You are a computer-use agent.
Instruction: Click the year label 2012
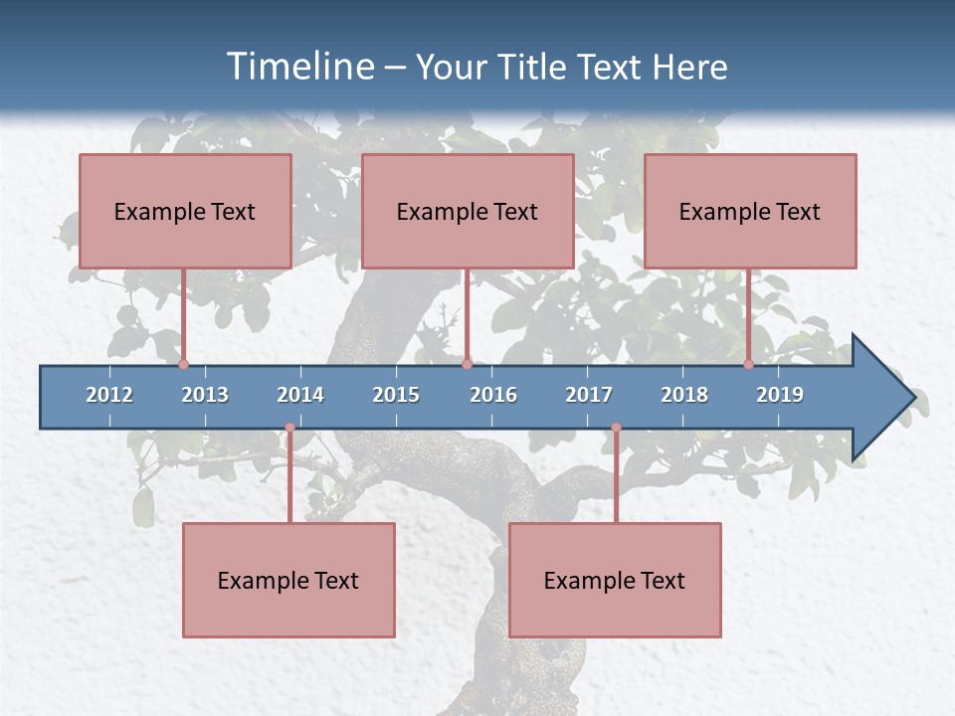tap(109, 395)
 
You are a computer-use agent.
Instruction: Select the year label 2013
tap(205, 395)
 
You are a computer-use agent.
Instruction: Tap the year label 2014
tap(300, 395)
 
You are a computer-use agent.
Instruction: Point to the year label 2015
tap(396, 395)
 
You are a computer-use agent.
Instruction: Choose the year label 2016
tap(493, 395)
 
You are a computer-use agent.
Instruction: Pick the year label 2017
tap(589, 395)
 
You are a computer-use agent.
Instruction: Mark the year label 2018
tap(684, 395)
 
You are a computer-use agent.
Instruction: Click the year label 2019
tap(780, 395)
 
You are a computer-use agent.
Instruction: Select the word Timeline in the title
tap(298, 67)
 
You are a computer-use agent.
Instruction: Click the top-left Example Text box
tap(185, 211)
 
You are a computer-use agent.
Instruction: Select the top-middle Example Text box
tap(468, 211)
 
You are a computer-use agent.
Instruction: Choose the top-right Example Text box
tap(750, 211)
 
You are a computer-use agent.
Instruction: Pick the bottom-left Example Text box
tap(288, 580)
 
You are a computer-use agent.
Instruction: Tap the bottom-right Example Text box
tap(615, 580)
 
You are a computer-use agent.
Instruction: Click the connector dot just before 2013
tap(183, 364)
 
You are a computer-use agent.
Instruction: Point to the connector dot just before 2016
tap(467, 364)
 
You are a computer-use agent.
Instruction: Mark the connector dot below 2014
tap(289, 428)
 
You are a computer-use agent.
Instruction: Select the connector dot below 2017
tap(616, 428)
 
